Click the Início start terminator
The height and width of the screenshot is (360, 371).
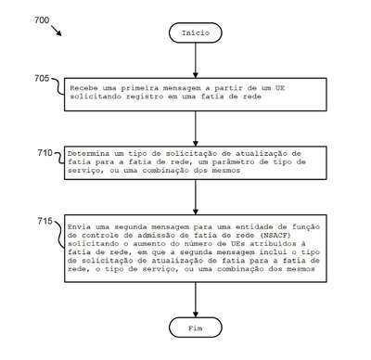pyautogui.click(x=196, y=32)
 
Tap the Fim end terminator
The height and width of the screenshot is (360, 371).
pyautogui.click(x=196, y=328)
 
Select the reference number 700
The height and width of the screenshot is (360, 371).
pyautogui.click(x=42, y=20)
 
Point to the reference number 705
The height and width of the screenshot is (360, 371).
pyautogui.click(x=42, y=78)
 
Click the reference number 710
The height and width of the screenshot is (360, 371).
pyautogui.click(x=45, y=153)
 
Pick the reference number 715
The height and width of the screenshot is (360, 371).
pyautogui.click(x=45, y=221)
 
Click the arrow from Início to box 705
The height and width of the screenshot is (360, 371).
pyautogui.click(x=196, y=60)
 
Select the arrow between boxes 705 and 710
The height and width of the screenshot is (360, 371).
pyautogui.click(x=196, y=129)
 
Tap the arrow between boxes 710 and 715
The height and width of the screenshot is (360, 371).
pyautogui.click(x=196, y=197)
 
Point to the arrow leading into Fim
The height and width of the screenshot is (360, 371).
pyautogui.click(x=196, y=300)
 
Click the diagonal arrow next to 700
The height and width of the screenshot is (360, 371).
pyautogui.click(x=56, y=31)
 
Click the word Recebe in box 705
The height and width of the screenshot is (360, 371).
pyautogui.click(x=81, y=88)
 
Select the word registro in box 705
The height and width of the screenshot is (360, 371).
pyautogui.click(x=145, y=96)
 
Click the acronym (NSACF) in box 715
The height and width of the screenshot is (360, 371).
pyautogui.click(x=275, y=236)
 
